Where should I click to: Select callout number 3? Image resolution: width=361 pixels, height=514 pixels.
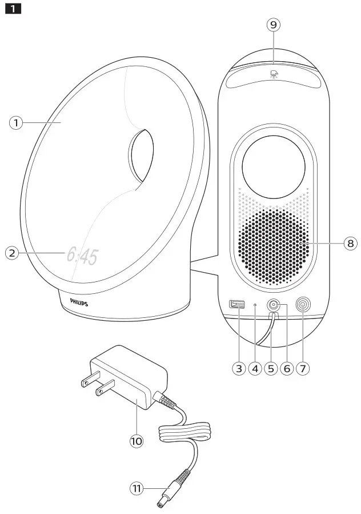[239, 368]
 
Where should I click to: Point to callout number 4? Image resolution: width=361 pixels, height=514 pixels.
[255, 368]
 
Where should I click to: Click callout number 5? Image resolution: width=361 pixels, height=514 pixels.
[271, 368]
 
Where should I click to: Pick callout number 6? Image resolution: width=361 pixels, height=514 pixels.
[287, 368]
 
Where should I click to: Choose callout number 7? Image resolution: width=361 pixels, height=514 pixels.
[303, 368]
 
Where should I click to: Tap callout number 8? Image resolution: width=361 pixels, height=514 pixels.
[350, 244]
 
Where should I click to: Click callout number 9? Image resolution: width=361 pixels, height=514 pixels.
[274, 25]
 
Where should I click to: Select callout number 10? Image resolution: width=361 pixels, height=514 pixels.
[136, 441]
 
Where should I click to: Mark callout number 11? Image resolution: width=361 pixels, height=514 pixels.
[137, 488]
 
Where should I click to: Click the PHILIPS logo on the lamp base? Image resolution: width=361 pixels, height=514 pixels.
[79, 302]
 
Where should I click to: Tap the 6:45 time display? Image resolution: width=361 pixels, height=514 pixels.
[82, 256]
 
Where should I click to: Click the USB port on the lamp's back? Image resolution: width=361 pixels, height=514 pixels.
[234, 305]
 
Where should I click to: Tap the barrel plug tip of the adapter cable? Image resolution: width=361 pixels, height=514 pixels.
[161, 503]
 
